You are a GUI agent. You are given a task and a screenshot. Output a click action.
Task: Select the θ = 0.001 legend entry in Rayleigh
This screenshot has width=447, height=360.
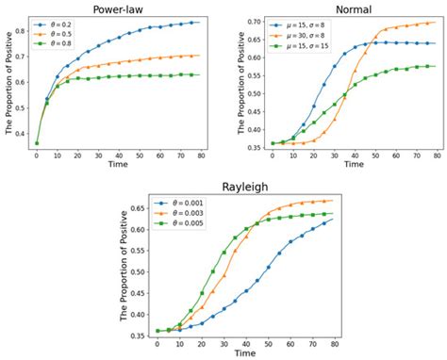186,202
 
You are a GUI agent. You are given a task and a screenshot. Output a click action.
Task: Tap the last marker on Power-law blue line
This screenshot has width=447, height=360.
191,22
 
